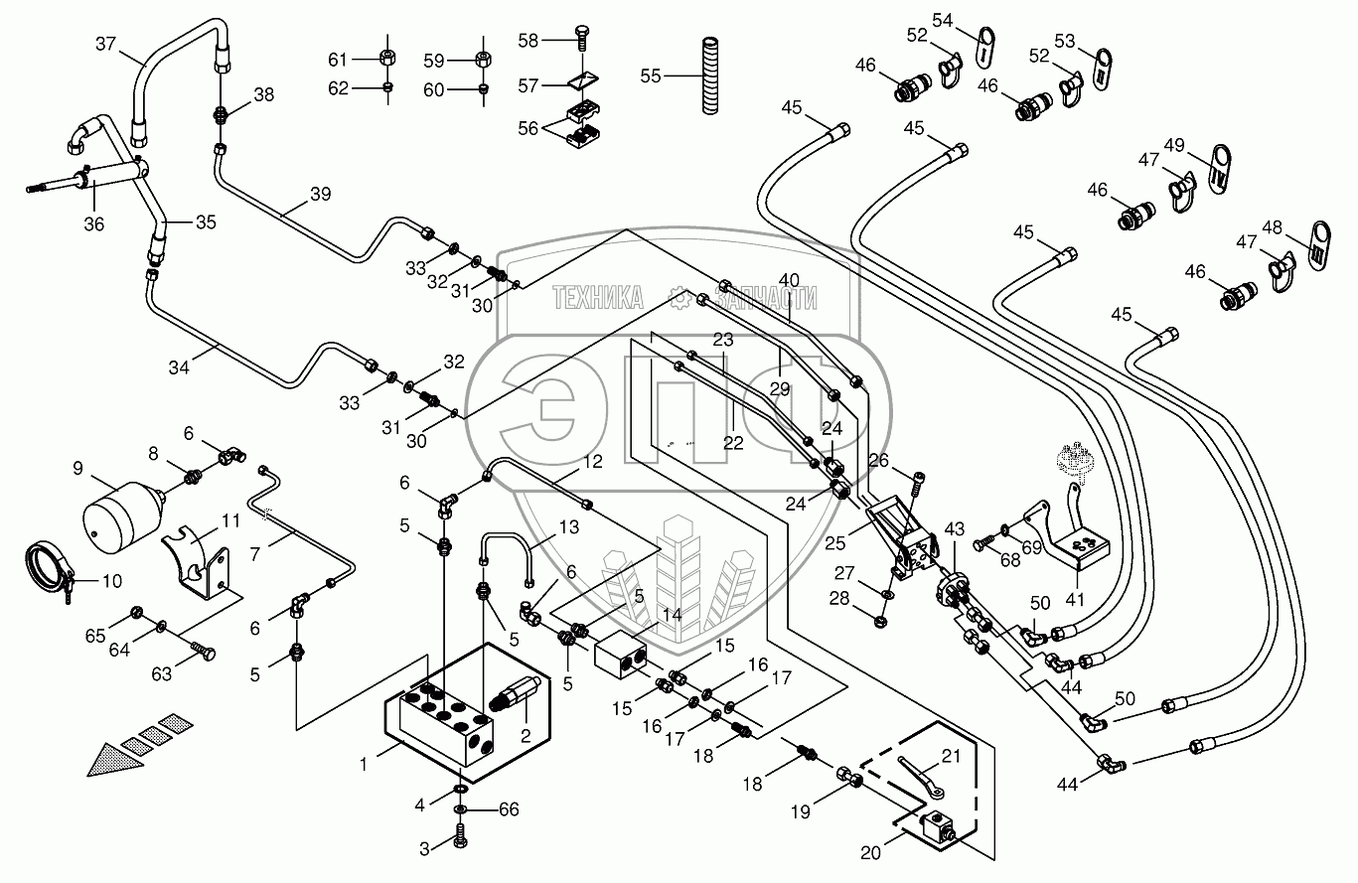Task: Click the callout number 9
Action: click(x=76, y=467)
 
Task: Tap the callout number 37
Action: click(x=106, y=44)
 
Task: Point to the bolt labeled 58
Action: click(x=580, y=41)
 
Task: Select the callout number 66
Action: click(x=509, y=809)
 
